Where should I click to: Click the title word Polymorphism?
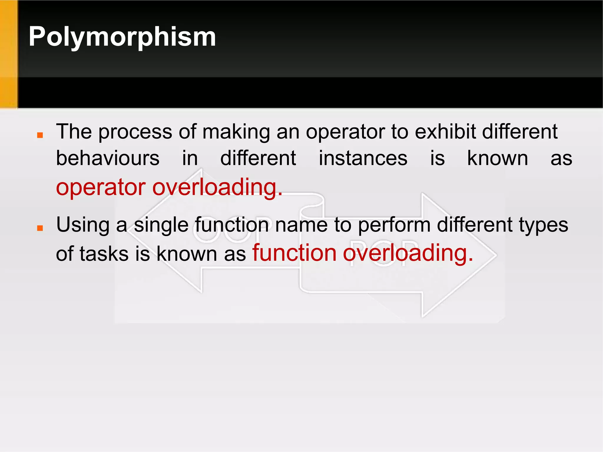(x=122, y=37)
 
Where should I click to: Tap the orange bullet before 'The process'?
(x=40, y=135)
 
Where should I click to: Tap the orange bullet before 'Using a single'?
(x=40, y=228)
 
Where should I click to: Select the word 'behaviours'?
(x=108, y=158)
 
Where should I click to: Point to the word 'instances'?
(x=363, y=158)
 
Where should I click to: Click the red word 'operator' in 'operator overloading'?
(x=101, y=187)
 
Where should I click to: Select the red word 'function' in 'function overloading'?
(x=294, y=253)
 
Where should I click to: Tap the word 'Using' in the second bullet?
(x=83, y=225)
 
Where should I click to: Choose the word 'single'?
(x=161, y=225)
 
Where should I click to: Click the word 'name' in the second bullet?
(x=301, y=225)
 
